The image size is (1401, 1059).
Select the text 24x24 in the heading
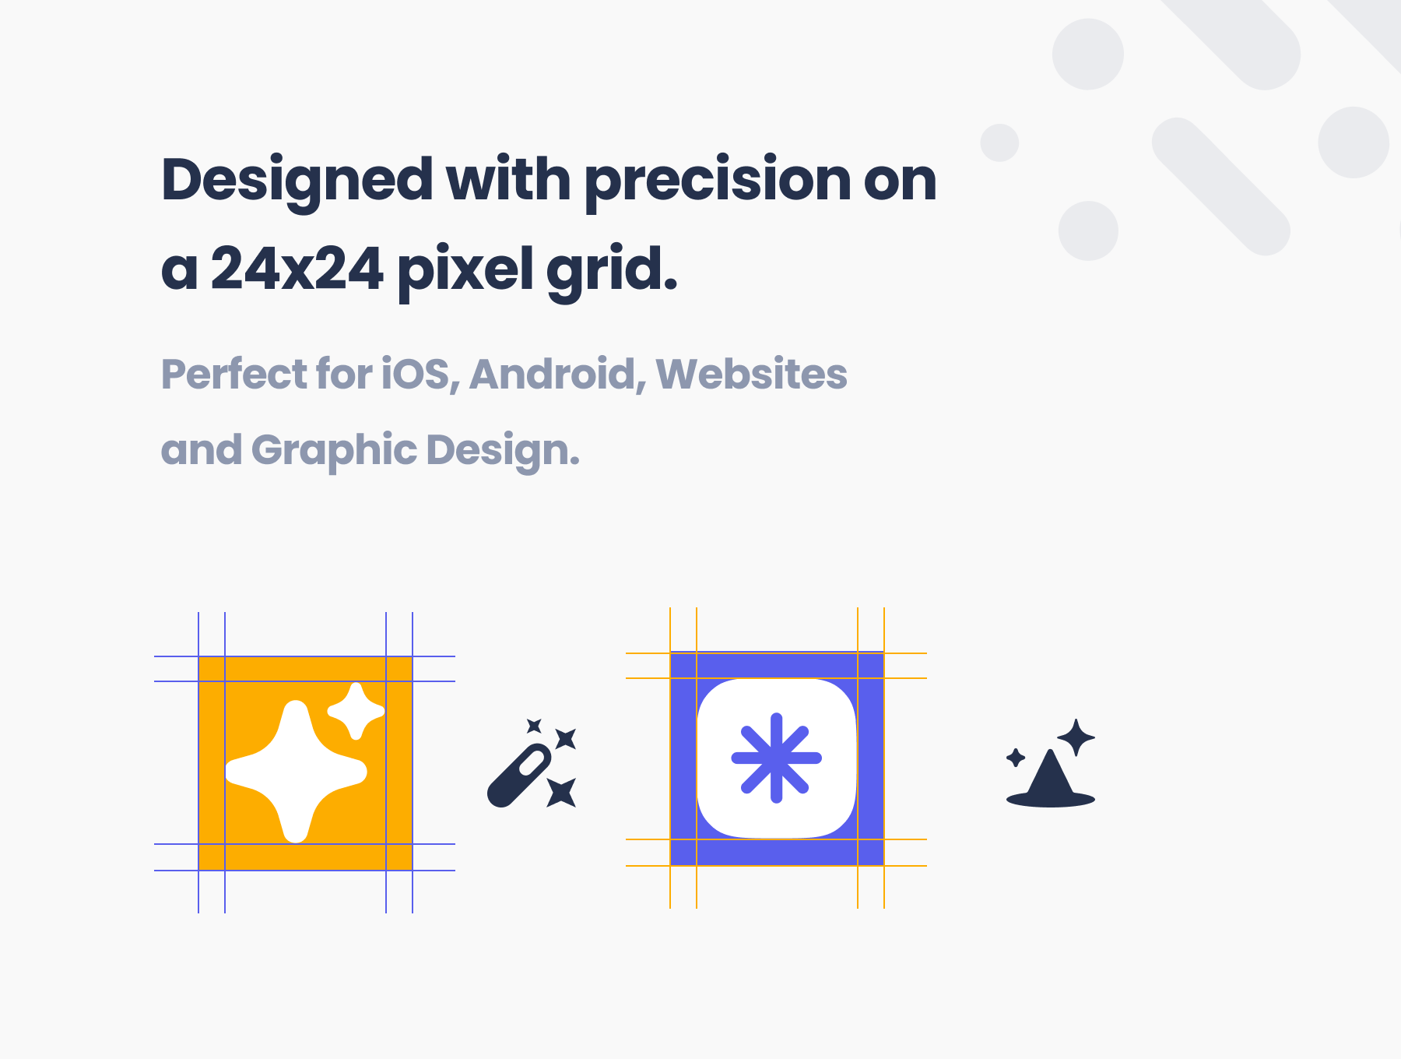[x=297, y=269]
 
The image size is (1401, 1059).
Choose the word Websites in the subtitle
[x=751, y=374]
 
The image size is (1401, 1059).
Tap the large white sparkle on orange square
[x=296, y=771]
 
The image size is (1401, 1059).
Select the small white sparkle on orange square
[x=356, y=711]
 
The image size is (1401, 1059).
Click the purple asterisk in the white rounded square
[x=776, y=758]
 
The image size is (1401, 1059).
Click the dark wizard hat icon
[x=1051, y=779]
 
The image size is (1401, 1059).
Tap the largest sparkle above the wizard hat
[x=1076, y=737]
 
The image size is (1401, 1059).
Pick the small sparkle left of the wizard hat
[x=1016, y=758]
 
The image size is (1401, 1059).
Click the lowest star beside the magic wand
[x=561, y=793]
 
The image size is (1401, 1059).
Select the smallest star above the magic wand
[x=534, y=726]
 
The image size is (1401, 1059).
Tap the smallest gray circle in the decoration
[x=999, y=142]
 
